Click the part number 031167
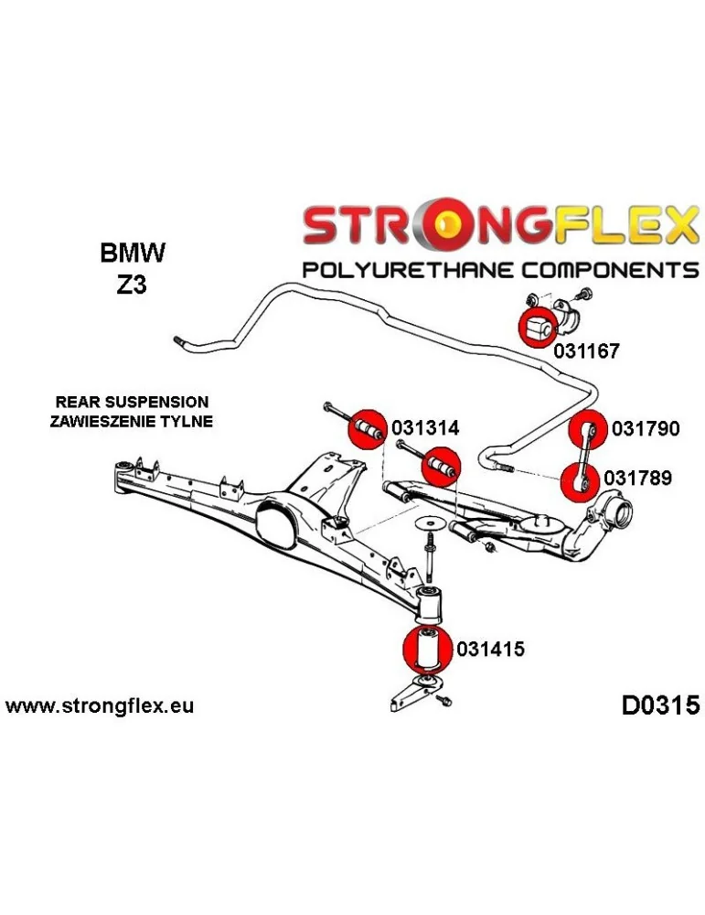[587, 350]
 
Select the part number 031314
[425, 427]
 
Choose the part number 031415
[491, 649]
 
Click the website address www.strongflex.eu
[100, 706]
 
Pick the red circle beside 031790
[589, 429]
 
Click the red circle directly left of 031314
[369, 427]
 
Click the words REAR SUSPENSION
[132, 403]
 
